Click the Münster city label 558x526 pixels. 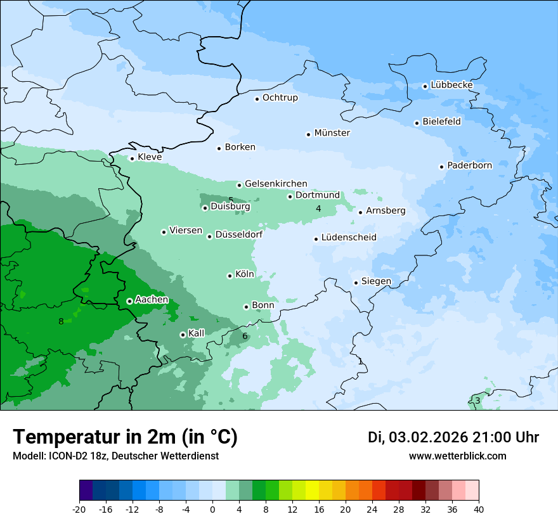[332, 133]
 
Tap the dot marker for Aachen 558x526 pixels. [129, 301]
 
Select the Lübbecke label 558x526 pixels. [451, 85]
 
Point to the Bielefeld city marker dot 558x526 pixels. [417, 123]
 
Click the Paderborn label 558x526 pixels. [469, 165]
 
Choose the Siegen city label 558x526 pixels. [376, 281]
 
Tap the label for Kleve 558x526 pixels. [150, 157]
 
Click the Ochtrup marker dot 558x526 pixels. [257, 98]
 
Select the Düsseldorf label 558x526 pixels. [239, 235]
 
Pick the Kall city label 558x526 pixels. [197, 333]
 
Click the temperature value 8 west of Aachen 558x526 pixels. [61, 321]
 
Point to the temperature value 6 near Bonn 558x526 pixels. [245, 336]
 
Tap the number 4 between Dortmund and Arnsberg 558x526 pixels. [318, 208]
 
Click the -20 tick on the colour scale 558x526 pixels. [79, 508]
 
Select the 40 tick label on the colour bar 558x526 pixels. [479, 508]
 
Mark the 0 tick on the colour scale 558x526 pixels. [212, 508]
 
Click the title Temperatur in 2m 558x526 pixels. [125, 437]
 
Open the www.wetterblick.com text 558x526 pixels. [457, 456]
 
